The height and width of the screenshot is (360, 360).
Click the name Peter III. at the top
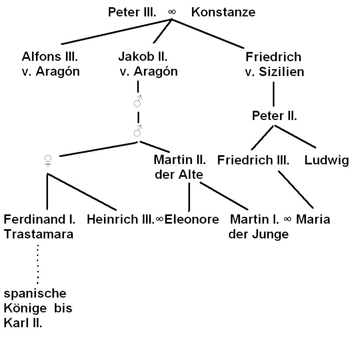[x=132, y=12]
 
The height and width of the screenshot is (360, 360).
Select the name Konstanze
[x=223, y=12]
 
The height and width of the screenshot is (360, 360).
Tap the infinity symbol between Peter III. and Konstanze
[x=172, y=12]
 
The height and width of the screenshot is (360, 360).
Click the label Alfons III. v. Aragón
[x=50, y=64]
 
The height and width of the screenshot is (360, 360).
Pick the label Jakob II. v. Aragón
[x=147, y=64]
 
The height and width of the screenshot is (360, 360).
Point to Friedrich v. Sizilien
[x=274, y=64]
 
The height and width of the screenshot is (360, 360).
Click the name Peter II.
[x=274, y=116]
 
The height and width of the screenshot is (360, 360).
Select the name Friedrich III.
[x=253, y=160]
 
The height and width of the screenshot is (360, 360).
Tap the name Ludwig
[x=326, y=160]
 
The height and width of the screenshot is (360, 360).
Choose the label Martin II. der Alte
[x=179, y=167]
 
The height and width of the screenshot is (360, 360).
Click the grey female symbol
[x=48, y=161]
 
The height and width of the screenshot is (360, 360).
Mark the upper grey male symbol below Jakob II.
[x=138, y=102]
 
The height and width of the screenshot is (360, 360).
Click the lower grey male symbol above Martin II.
[x=138, y=131]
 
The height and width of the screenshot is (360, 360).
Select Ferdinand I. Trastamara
[x=39, y=226]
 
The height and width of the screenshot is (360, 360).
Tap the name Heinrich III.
[x=120, y=220]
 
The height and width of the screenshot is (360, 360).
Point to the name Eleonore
[x=192, y=220]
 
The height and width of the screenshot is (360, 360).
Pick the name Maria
[x=313, y=220]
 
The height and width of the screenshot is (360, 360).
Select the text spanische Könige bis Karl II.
[x=38, y=308]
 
